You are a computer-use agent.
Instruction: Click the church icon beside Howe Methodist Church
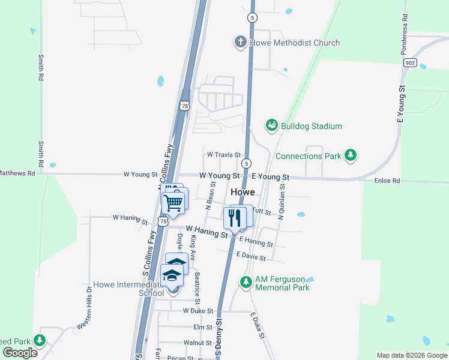(240, 42)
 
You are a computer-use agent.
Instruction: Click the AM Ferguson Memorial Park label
(282, 283)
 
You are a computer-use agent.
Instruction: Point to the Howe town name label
(243, 192)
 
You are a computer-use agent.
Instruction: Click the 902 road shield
(411, 62)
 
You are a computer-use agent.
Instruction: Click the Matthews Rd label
(17, 173)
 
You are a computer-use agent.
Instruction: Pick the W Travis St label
(223, 155)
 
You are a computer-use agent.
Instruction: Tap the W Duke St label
(198, 311)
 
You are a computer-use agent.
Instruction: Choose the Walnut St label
(198, 343)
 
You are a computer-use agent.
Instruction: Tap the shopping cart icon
(173, 203)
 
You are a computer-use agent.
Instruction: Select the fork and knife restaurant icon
(234, 217)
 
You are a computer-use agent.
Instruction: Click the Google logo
(20, 353)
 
